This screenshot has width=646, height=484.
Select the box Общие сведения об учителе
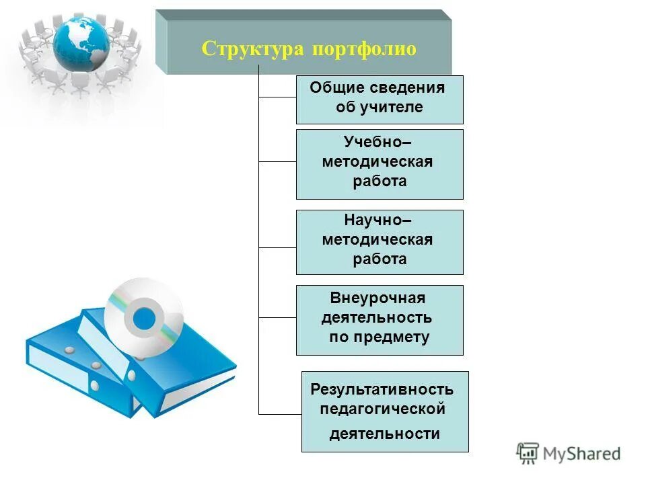click(380, 99)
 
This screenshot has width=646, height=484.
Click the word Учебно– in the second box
click(378, 142)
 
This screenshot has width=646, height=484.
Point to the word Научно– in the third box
click(378, 220)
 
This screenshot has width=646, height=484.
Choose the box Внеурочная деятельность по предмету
click(380, 319)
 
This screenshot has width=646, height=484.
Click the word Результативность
click(382, 389)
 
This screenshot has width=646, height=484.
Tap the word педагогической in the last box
click(383, 409)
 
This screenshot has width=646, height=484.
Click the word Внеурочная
click(378, 298)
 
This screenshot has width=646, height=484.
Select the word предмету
click(397, 337)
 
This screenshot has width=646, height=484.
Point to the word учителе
click(396, 108)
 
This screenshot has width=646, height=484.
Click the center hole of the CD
click(143, 318)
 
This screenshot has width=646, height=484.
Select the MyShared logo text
click(582, 454)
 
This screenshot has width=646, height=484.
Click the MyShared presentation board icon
click(528, 453)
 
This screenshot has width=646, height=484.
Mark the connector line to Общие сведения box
click(277, 97)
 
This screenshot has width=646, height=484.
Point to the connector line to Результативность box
click(280, 413)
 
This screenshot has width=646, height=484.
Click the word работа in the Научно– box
click(380, 259)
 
